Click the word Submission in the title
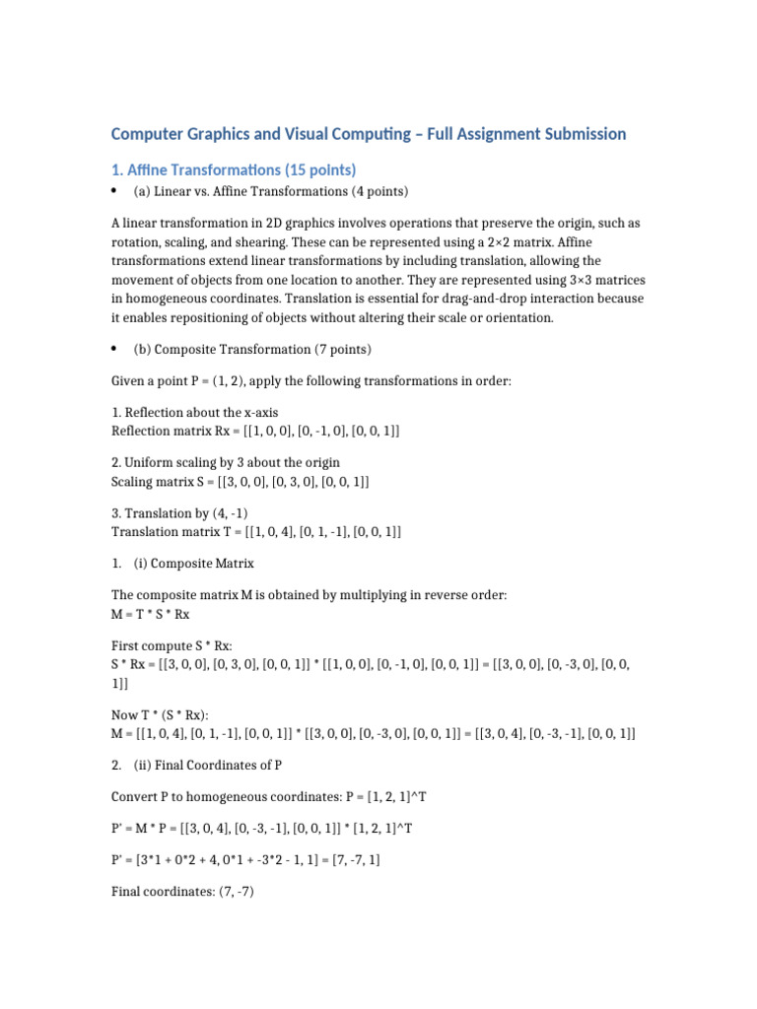tap(578, 133)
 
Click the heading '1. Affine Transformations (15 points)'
tap(233, 169)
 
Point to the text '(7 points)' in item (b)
tap(342, 350)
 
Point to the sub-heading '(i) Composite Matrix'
tap(193, 564)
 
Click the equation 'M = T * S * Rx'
tap(150, 614)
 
